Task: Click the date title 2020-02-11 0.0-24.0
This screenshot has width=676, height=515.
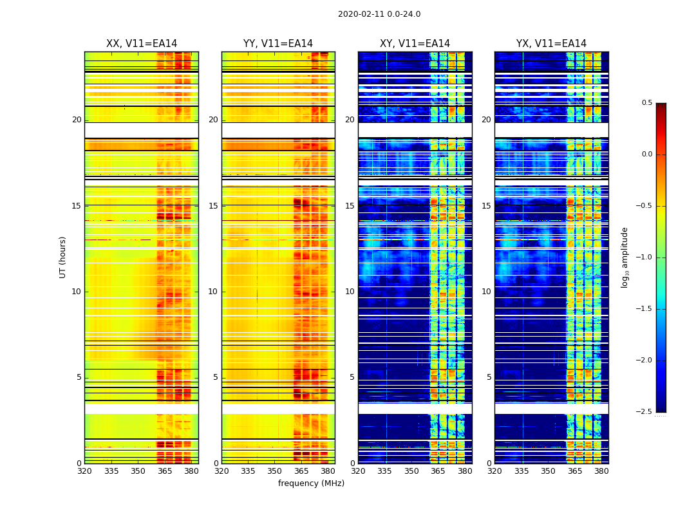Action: tap(379, 14)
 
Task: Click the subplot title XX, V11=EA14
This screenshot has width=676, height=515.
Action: tap(142, 44)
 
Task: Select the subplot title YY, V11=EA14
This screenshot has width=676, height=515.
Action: tap(278, 44)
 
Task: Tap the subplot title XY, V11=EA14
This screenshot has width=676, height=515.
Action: tap(415, 44)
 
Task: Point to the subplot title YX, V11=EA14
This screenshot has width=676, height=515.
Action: tap(551, 44)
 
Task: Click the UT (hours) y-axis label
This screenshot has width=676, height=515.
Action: tap(62, 257)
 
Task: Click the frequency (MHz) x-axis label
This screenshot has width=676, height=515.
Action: tap(311, 483)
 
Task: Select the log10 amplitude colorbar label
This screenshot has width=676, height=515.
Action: tap(624, 257)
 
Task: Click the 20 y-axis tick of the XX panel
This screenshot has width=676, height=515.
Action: tap(77, 120)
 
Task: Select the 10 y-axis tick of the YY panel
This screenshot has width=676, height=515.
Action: tap(213, 292)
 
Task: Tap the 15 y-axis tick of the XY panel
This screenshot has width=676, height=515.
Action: tap(350, 206)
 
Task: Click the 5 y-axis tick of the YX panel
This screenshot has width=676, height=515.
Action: tap(489, 377)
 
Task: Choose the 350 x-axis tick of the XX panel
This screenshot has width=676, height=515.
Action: tap(138, 471)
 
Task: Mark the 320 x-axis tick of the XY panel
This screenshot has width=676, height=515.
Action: tap(358, 471)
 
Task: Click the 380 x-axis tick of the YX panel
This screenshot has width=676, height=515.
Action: tap(601, 471)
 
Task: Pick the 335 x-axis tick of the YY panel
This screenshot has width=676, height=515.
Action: tap(248, 471)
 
